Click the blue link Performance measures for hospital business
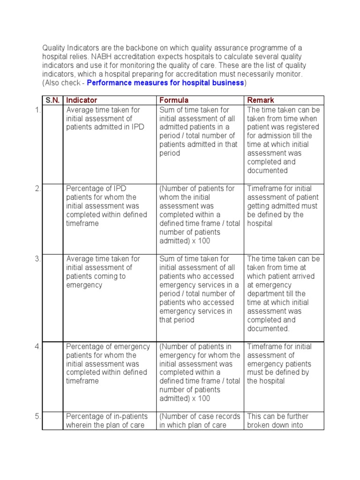pos(165,83)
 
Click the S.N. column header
pos(52,100)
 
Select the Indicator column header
pos(82,100)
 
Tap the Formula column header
pos(174,100)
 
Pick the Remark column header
pos(261,100)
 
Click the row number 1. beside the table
pos(37,110)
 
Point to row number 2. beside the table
pos(37,188)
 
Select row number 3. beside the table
pos(37,259)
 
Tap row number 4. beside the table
pos(37,346)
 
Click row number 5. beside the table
pos(37,416)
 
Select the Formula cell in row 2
pos(199,215)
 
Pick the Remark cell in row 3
pos(283,293)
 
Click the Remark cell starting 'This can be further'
pos(283,421)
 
